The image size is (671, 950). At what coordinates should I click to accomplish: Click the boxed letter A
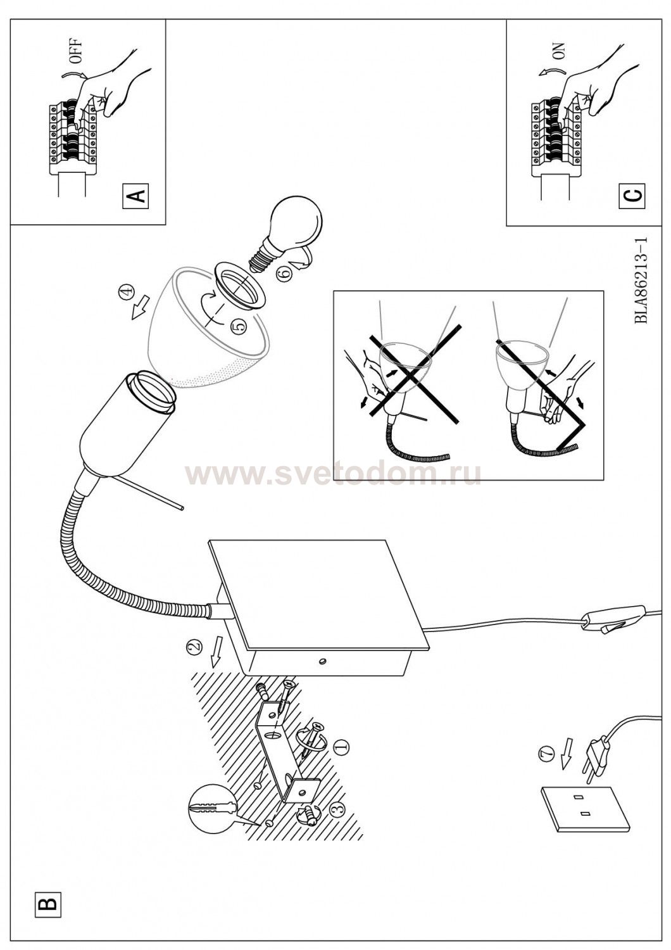point(135,196)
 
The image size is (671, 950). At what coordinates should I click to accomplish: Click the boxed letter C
point(632,196)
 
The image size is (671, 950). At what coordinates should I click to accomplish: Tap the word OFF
point(77,51)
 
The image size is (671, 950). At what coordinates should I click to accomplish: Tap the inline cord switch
point(614,619)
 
